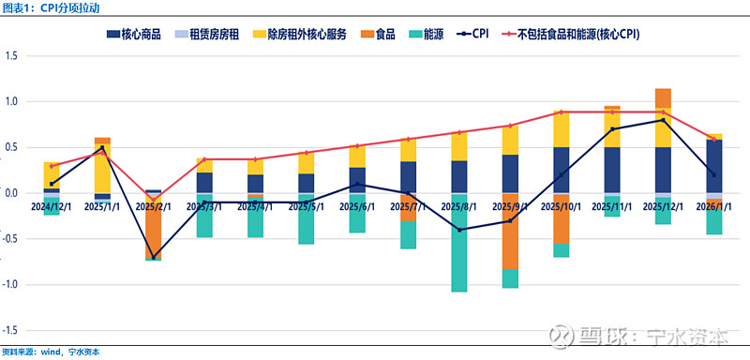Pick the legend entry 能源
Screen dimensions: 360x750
click(426, 35)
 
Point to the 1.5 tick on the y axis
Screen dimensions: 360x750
click(12, 55)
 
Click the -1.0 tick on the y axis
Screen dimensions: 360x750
click(12, 285)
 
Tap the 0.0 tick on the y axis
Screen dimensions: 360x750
click(12, 193)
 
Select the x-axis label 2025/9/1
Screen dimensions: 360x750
click(510, 205)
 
